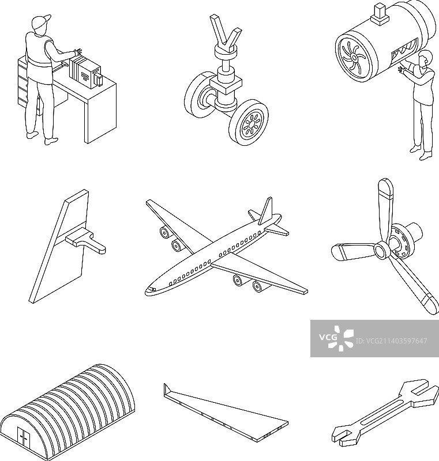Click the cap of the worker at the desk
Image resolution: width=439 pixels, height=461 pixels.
(x=40, y=21)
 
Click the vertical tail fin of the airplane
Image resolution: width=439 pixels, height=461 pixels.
(x=265, y=210)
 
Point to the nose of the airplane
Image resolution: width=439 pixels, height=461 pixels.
(x=149, y=290)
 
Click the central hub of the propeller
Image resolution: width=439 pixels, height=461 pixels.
(x=381, y=251)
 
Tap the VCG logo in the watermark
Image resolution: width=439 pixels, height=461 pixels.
(x=336, y=338)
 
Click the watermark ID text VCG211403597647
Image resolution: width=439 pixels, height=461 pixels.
(x=391, y=341)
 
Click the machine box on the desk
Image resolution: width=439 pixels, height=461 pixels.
(x=85, y=72)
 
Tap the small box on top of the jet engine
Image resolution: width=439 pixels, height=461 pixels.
(x=380, y=13)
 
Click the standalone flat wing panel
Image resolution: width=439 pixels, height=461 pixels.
(x=226, y=412)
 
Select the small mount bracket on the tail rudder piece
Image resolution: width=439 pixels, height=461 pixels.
(x=85, y=240)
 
